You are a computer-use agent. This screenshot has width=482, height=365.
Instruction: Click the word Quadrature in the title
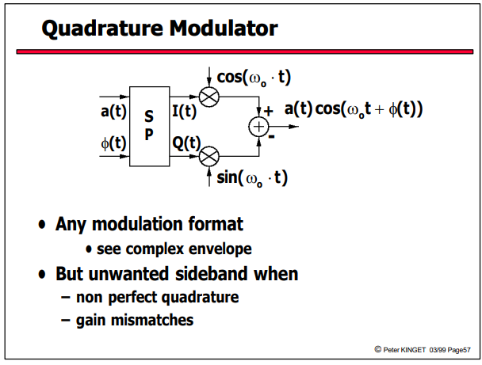click(102, 29)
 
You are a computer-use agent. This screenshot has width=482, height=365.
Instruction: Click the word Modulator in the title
click(224, 28)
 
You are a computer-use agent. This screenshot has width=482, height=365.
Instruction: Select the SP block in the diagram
click(149, 127)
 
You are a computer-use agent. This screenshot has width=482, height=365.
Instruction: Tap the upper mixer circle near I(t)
click(209, 97)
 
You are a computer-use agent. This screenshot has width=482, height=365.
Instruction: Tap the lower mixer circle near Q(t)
click(209, 156)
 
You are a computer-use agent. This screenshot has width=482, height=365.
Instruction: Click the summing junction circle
click(258, 127)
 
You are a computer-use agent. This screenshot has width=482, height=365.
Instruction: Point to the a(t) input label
click(113, 111)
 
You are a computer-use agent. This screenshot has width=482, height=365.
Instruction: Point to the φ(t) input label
click(113, 143)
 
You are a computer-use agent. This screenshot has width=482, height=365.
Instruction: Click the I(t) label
click(184, 111)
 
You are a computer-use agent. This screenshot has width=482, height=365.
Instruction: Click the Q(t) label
click(186, 143)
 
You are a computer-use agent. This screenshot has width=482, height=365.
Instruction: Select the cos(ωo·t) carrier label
click(254, 78)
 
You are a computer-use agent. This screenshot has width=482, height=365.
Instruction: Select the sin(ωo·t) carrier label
click(252, 177)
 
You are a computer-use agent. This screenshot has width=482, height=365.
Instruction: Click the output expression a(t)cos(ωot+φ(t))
click(354, 109)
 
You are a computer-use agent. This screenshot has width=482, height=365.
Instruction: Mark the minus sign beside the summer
click(271, 137)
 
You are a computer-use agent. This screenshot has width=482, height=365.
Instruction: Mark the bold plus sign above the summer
click(269, 111)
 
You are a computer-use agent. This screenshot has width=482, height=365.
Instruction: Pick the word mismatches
click(152, 320)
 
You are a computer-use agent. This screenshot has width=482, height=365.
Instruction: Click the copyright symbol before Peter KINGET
click(378, 349)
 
